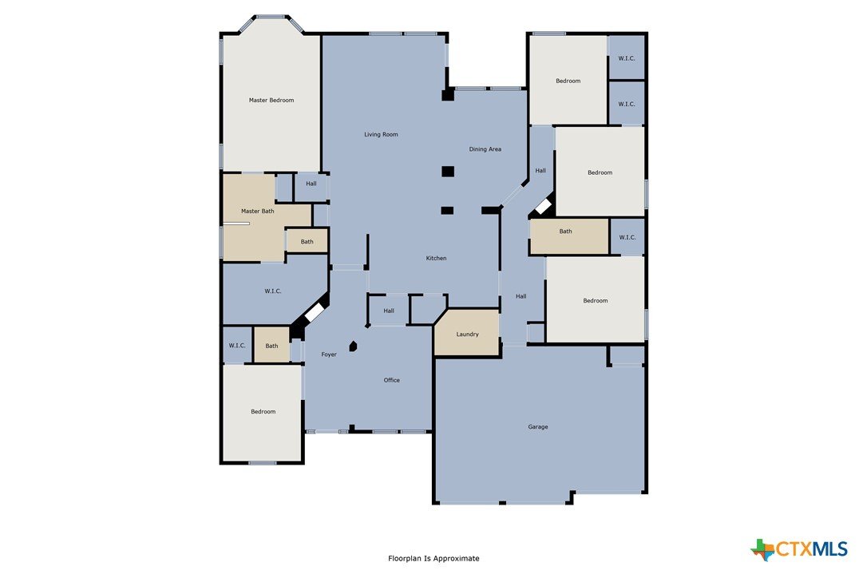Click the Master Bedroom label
[271, 100]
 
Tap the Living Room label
[381, 134]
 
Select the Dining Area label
[485, 148]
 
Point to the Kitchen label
[436, 258]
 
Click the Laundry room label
[467, 334]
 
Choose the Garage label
[537, 426]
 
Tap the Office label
[391, 380]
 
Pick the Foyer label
[329, 354]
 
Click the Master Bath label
[258, 211]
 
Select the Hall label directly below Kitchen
[389, 311]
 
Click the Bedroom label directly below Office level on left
[263, 411]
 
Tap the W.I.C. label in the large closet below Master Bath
[272, 291]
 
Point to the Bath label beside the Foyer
[271, 346]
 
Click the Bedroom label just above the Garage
[595, 300]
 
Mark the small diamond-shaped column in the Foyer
[353, 346]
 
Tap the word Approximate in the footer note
[456, 559]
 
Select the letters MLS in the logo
[830, 548]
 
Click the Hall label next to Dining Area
[540, 170]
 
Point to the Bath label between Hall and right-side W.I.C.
[565, 232]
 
